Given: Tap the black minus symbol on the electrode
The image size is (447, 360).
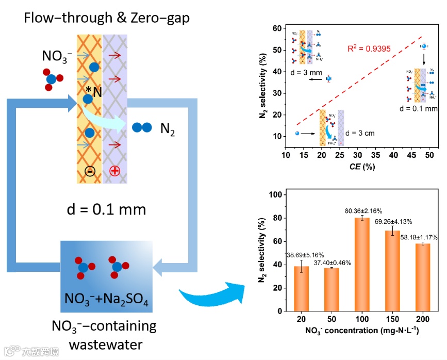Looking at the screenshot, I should click(90, 171).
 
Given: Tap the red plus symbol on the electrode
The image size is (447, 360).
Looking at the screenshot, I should click(115, 171).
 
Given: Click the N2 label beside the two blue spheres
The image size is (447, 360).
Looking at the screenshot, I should click(168, 128).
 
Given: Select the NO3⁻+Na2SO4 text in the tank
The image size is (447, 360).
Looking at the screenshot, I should click(107, 300).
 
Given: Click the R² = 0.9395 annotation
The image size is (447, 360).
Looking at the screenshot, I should click(369, 49).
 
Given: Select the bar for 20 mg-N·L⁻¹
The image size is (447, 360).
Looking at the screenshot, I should click(301, 288).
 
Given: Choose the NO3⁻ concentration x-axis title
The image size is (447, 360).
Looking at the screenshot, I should click(361, 331).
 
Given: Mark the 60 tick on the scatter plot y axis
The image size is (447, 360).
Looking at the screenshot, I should click(277, 28).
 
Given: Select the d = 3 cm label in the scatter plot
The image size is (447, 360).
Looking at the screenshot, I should click(360, 133).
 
